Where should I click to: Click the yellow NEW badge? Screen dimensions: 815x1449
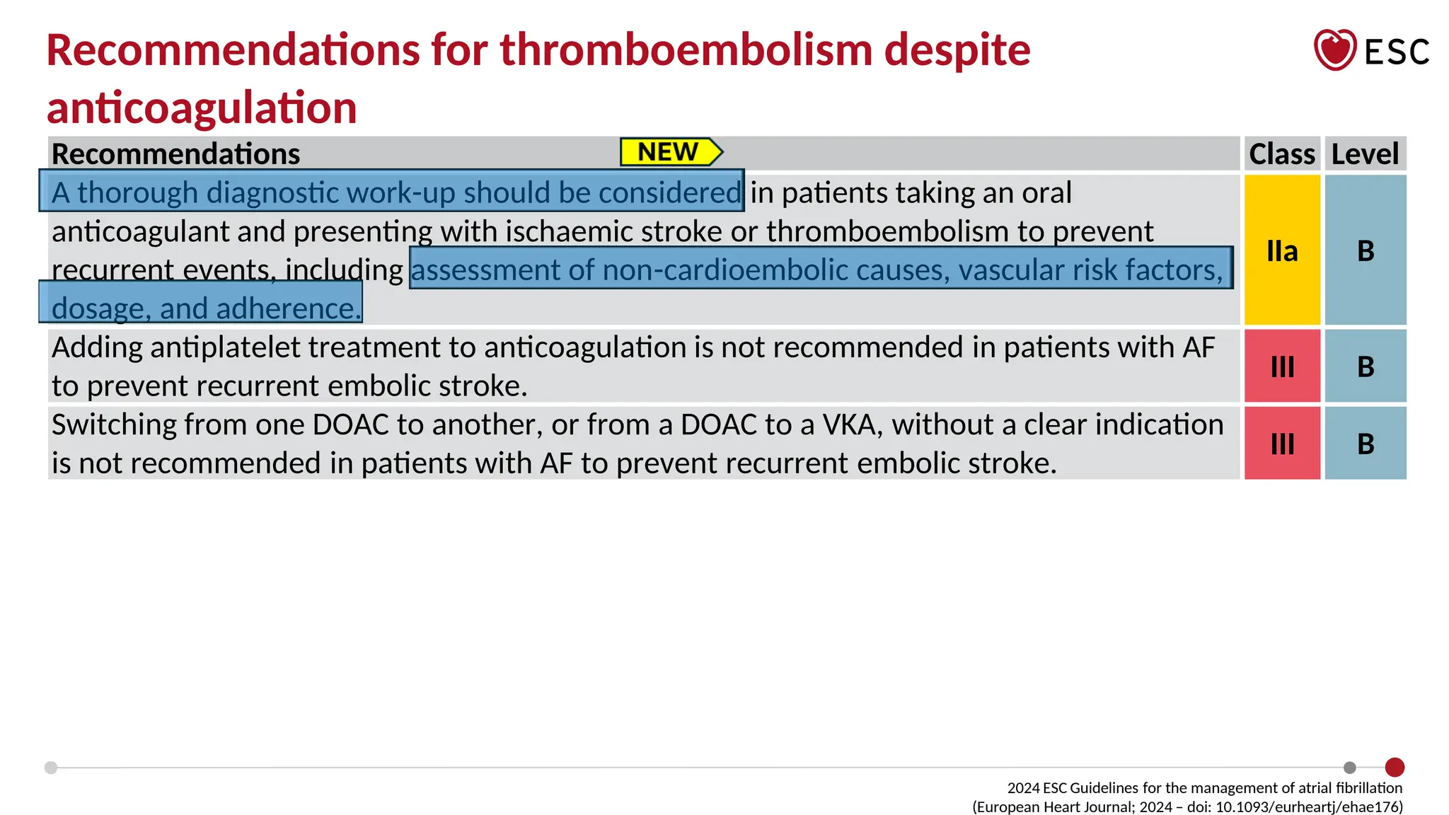click(669, 152)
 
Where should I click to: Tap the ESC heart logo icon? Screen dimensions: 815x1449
click(1334, 50)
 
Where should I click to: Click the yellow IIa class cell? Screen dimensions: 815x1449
click(1281, 250)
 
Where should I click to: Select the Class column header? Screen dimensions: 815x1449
click(1281, 154)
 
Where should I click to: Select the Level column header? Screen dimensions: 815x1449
click(1364, 154)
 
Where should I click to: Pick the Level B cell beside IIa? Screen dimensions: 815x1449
click(1365, 250)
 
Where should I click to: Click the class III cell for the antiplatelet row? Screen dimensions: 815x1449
click(1281, 366)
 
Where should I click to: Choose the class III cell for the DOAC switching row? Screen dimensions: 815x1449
click(1281, 444)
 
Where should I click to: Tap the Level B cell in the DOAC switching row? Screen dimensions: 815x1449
click(1365, 444)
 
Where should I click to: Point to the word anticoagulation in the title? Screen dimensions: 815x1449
click(202, 108)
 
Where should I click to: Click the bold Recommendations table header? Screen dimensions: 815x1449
click(175, 154)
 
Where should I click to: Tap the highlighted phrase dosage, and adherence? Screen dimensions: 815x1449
click(205, 308)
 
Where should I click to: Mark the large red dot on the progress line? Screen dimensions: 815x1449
click(1394, 767)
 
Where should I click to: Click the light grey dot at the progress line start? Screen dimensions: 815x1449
click(51, 768)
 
